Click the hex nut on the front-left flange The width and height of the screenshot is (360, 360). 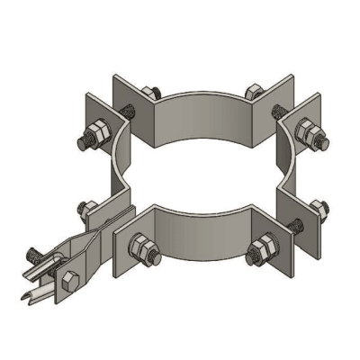pos(141,244)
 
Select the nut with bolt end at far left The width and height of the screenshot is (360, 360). pos(90,139)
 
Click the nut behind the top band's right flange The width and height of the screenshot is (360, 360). pos(252,90)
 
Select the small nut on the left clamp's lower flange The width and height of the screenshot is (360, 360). pos(86,209)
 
